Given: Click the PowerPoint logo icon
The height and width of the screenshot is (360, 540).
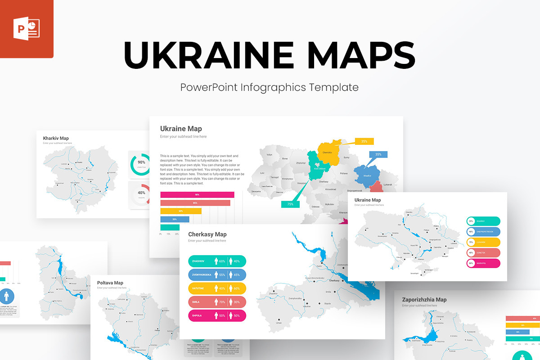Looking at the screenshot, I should point(27,29).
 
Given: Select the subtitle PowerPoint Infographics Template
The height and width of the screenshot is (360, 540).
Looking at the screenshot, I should point(270,87).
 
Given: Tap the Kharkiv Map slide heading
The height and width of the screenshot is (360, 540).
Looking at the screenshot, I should point(56,138).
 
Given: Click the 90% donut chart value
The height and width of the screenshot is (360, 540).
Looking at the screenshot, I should point(141,162).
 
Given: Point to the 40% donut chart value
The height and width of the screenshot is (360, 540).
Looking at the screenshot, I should point(141,193).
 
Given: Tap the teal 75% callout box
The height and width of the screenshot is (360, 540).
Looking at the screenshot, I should point(290,204).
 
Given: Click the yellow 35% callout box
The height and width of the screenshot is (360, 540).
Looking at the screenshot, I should point(364,141).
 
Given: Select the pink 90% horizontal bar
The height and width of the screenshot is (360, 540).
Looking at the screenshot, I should point(197,195).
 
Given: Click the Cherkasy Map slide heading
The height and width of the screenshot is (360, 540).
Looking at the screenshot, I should point(207,234).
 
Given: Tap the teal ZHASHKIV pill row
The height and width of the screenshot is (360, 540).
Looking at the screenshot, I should point(217,261).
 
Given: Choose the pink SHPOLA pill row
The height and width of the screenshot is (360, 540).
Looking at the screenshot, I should point(217,315).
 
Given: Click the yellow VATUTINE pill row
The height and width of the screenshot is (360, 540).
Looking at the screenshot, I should point(217,288).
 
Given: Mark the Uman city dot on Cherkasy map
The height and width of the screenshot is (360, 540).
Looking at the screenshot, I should point(279,320).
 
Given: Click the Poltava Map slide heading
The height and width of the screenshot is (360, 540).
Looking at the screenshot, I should point(110,283).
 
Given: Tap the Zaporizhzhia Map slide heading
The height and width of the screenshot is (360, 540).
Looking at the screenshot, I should point(424,300).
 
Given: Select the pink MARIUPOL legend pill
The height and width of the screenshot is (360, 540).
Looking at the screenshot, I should point(483,263).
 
